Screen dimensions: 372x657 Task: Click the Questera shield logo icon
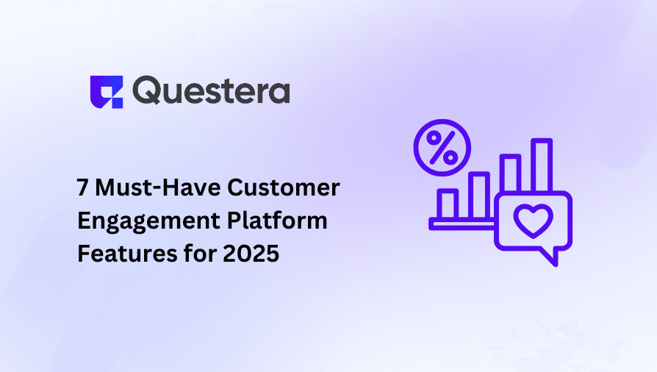104,91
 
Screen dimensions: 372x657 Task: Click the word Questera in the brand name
212,91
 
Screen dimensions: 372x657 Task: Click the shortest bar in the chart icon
446,204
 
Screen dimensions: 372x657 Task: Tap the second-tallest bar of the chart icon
510,173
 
